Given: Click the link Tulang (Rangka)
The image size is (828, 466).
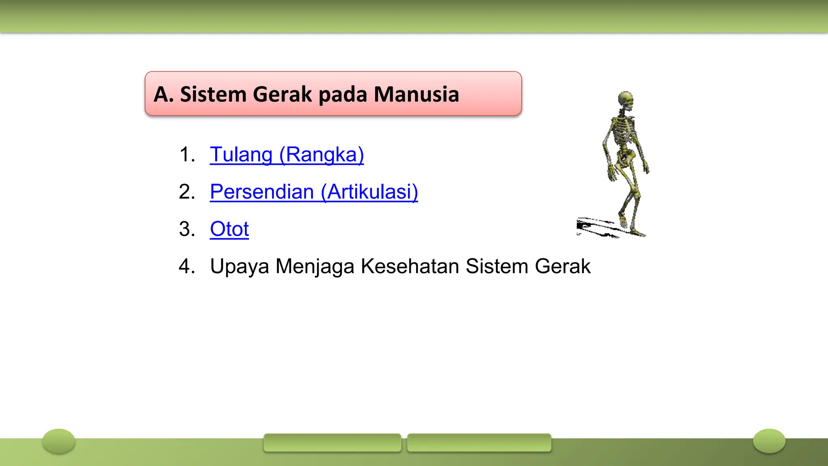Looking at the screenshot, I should [x=287, y=155].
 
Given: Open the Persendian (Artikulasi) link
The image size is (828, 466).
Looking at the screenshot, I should [x=314, y=192].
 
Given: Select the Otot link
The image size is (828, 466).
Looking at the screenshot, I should [x=229, y=229].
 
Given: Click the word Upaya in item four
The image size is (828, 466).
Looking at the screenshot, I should [x=239, y=267].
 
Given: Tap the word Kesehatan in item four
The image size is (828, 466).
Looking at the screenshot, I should [x=410, y=267].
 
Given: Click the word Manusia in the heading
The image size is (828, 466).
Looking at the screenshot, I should [x=416, y=94].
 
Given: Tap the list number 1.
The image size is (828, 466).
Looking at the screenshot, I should [x=187, y=155].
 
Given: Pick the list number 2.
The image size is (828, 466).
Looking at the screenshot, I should [x=187, y=192].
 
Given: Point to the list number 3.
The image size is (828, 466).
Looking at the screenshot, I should [x=187, y=229].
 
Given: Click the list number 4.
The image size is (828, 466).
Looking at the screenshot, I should [x=187, y=267].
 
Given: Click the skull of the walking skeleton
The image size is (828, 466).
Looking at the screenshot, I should [x=626, y=100].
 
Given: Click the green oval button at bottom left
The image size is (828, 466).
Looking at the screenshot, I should [x=59, y=441].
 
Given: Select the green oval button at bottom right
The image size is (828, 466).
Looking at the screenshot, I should [x=769, y=441].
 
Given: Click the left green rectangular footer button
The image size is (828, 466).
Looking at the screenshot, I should [x=332, y=443].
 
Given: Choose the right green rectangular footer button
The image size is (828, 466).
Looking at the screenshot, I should [x=479, y=443].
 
